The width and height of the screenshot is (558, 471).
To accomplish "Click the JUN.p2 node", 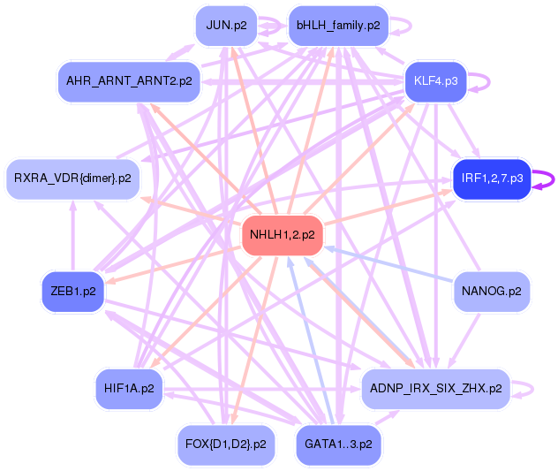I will coord(226,25).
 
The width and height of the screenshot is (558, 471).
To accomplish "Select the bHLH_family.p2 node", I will coord(338,25).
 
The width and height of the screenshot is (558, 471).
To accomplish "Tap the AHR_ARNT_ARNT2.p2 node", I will coord(129,81).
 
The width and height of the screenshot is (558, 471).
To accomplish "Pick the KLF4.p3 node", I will coord(435,81).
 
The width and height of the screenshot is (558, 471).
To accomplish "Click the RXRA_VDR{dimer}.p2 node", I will coord(72,179).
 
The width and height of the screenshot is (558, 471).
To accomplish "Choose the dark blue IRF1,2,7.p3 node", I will coord(492,179).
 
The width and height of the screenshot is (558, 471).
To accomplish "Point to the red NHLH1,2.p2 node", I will coord(283,235).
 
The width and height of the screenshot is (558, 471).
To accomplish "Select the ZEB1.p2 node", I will coord(72,291).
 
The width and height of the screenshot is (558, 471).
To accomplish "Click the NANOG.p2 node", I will coord(492,291).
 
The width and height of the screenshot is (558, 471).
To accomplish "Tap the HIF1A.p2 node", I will coord(129,388).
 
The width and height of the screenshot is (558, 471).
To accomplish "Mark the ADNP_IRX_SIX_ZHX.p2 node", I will coord(435,388).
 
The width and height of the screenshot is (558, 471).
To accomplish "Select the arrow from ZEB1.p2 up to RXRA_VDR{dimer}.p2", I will coord(73,234).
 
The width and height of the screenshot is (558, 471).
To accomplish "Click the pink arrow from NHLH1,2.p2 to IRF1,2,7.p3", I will coord(388,206).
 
